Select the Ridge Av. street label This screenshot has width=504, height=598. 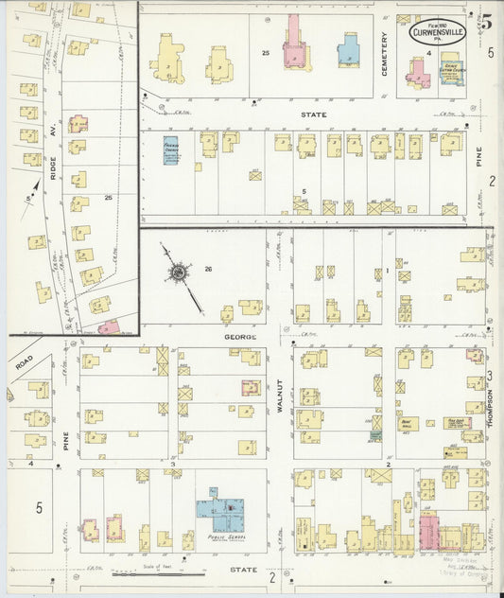[x=54, y=135]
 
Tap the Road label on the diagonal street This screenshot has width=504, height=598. [x=24, y=361]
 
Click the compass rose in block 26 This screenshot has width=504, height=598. [x=178, y=273]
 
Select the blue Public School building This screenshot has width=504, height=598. [x=222, y=512]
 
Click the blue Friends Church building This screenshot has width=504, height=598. [x=170, y=149]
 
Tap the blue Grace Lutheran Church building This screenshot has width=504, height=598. [x=452, y=74]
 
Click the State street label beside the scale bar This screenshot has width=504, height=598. [x=243, y=571]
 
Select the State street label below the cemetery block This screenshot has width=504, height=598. [x=313, y=114]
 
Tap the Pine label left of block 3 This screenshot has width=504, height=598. [x=66, y=439]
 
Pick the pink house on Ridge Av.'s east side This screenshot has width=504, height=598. [x=78, y=124]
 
